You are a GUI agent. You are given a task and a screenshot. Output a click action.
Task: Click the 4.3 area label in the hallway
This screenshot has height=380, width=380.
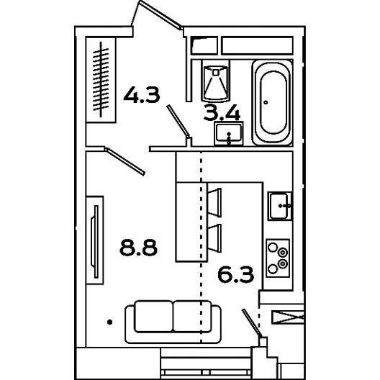[x=142, y=95]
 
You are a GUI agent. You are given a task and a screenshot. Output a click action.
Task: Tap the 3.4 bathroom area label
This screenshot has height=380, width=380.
[x=222, y=112]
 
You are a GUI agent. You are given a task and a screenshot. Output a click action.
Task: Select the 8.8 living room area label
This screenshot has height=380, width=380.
[x=139, y=248]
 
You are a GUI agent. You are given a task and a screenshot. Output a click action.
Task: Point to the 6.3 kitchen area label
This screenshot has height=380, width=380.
[x=236, y=274]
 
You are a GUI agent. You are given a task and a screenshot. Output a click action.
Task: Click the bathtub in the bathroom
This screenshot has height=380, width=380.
[x=272, y=102]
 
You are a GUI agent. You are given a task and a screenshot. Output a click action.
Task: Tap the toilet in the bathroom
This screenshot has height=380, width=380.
[x=215, y=81]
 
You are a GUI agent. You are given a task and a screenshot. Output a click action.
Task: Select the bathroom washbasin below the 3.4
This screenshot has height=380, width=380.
[x=229, y=134]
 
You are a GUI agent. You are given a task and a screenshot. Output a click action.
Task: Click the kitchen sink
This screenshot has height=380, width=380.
[x=280, y=206]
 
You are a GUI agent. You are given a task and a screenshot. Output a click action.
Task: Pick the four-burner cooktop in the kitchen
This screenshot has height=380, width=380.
[x=278, y=258]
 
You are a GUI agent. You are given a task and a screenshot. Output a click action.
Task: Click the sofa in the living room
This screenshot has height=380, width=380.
[x=173, y=322]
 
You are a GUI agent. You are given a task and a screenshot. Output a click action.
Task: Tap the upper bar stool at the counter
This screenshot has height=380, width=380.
[x=214, y=202]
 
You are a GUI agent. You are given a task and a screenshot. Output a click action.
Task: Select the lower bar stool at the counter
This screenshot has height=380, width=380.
[x=214, y=238]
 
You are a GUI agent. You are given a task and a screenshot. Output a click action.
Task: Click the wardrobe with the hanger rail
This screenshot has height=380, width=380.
[x=101, y=80]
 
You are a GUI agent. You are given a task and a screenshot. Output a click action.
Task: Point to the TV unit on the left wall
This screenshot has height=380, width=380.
[x=95, y=240]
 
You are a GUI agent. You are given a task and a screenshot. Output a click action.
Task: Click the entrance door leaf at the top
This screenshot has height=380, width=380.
[x=160, y=14]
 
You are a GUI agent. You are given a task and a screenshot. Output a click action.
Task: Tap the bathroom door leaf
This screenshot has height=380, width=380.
[x=178, y=121]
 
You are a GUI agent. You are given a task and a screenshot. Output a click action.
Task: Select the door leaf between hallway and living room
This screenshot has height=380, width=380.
[x=125, y=161]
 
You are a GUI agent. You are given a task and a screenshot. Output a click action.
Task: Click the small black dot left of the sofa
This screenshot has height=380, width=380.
[x=110, y=322]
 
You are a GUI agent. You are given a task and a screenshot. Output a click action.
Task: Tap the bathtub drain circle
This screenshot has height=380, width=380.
[x=266, y=102]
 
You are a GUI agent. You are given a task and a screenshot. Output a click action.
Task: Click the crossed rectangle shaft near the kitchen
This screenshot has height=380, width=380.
[x=287, y=317]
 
